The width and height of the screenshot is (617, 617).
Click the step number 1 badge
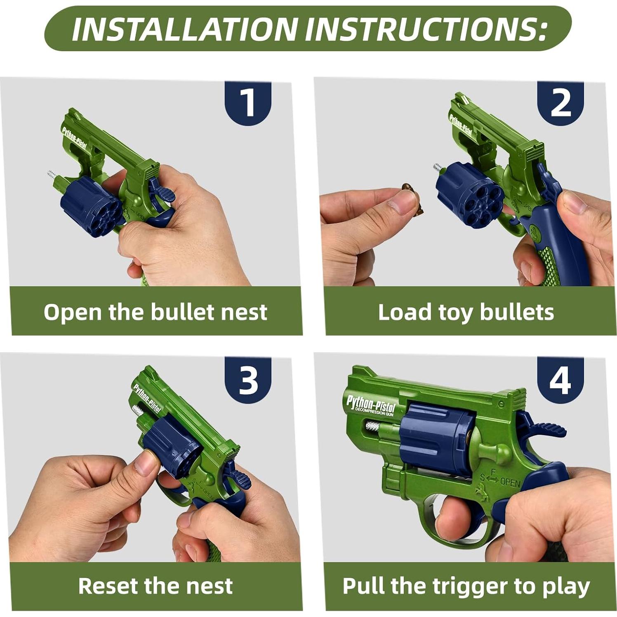point(247,103)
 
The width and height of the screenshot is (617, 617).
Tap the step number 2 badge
point(560,103)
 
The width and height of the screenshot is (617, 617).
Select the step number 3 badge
point(247,379)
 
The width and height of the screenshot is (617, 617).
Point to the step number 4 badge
point(560,379)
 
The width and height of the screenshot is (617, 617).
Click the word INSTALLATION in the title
point(185,29)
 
